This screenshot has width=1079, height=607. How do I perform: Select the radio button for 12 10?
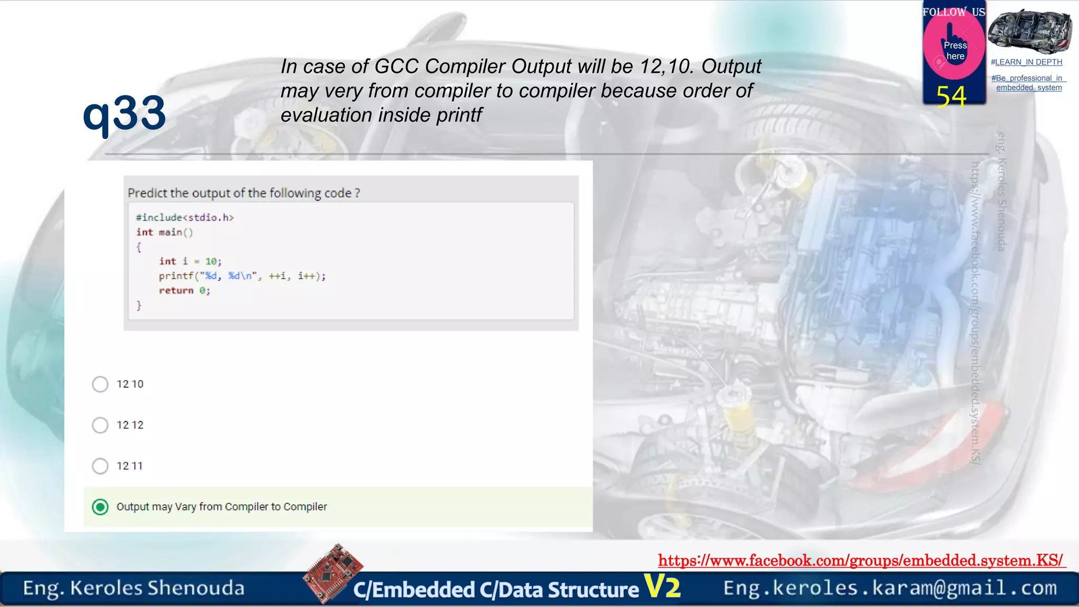100,384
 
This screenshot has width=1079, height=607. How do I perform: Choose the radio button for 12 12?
100,425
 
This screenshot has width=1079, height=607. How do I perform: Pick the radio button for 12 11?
100,466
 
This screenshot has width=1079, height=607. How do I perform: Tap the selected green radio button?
100,507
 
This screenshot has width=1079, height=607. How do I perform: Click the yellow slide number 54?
951,96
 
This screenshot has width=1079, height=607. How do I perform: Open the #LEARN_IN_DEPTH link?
1026,62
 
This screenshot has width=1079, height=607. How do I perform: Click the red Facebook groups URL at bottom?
860,560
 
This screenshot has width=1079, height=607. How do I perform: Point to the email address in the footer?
890,588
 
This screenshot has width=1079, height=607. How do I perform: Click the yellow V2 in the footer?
662,586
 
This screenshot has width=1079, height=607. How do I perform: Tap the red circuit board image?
333,573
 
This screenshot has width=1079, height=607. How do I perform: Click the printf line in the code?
242,276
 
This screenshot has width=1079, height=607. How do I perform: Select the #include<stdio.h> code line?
184,218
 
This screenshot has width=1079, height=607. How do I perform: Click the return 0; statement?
184,291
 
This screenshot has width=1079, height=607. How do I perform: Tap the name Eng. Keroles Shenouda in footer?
134,588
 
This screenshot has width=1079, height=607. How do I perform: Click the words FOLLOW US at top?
953,12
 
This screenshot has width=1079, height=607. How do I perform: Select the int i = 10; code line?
190,261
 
